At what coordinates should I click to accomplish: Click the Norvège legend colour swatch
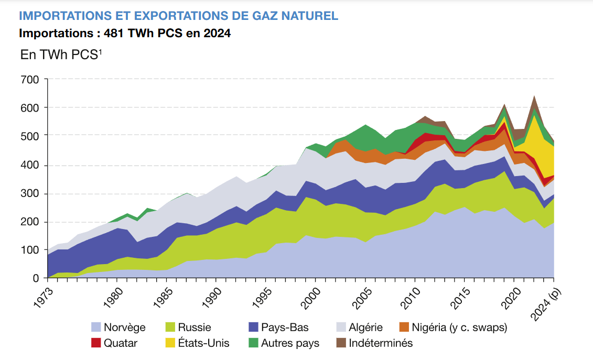click(x=96, y=328)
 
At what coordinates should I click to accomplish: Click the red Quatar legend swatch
click(x=96, y=343)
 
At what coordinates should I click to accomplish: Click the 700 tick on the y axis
click(x=30, y=80)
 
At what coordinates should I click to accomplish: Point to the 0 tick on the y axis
click(x=36, y=278)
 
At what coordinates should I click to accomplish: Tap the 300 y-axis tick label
click(x=30, y=193)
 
